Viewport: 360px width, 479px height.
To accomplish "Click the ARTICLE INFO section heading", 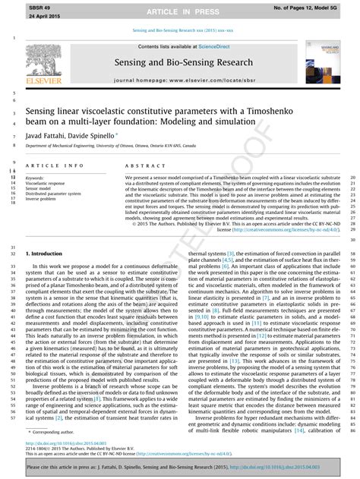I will pyautogui.click(x=55, y=165).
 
